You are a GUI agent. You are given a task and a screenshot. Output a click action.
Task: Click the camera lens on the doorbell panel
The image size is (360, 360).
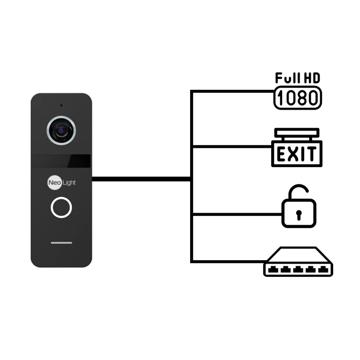pyautogui.click(x=61, y=130)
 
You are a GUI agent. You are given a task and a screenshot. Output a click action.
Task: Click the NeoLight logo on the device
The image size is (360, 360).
pyautogui.click(x=61, y=182)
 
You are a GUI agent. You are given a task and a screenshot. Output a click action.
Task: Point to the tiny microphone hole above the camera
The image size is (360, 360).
pyautogui.click(x=61, y=106)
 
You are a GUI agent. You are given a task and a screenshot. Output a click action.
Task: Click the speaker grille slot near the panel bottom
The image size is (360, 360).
pyautogui.click(x=61, y=243)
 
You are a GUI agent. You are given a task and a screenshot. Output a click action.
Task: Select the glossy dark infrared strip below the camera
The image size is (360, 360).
pyautogui.click(x=61, y=161)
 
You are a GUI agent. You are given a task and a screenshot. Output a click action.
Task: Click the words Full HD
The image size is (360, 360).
pyautogui.click(x=298, y=78)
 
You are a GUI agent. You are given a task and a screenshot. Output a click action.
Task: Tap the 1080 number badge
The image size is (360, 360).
pyautogui.click(x=298, y=98)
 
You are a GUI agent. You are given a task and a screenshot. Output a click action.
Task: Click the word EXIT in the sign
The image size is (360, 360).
pyautogui.click(x=297, y=154)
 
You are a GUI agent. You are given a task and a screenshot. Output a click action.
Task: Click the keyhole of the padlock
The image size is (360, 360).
pyautogui.click(x=299, y=215)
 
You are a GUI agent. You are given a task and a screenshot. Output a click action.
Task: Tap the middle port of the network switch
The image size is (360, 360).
pyautogui.click(x=298, y=269)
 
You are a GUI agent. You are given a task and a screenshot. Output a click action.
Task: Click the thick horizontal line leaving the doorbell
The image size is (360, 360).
pyautogui.click(x=141, y=179)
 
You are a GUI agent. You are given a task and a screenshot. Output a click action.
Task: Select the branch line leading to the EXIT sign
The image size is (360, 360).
pyautogui.click(x=232, y=146)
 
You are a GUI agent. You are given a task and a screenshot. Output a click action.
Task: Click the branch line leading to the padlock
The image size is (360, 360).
pyautogui.click(x=237, y=215)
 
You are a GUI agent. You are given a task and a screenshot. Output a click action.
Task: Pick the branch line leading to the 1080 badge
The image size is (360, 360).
pyautogui.click(x=233, y=91)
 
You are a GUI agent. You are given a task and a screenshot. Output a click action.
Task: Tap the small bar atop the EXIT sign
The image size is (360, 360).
pyautogui.click(x=297, y=132)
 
